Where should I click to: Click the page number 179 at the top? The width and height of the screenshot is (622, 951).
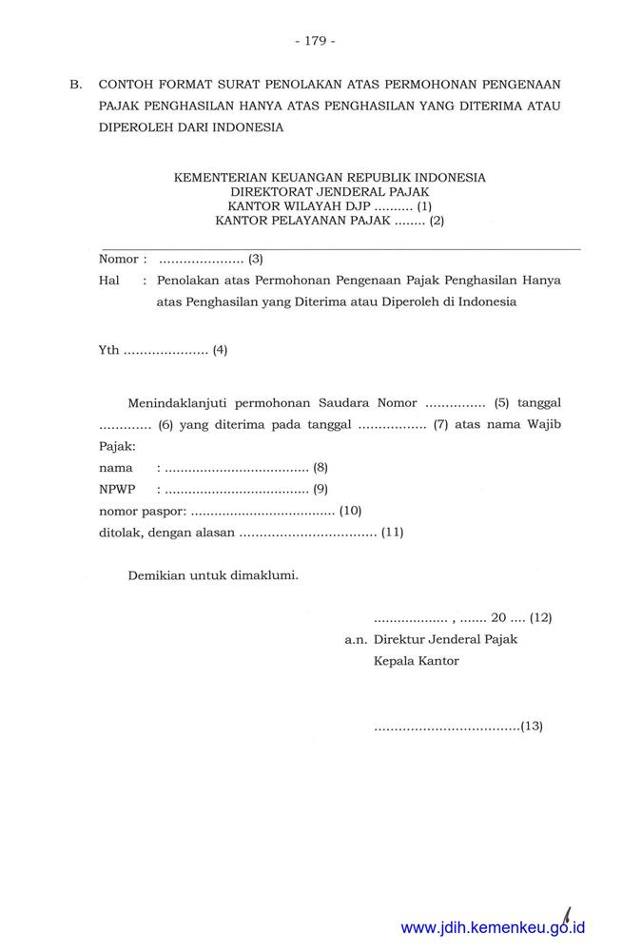pyautogui.click(x=315, y=41)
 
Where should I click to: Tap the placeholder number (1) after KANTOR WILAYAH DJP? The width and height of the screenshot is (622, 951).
pyautogui.click(x=423, y=205)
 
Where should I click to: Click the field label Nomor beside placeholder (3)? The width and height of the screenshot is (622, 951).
pyautogui.click(x=119, y=259)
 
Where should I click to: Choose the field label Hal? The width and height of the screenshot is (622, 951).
pyautogui.click(x=108, y=281)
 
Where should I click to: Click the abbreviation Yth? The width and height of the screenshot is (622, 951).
pyautogui.click(x=108, y=350)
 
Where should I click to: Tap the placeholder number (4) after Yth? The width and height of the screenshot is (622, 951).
pyautogui.click(x=220, y=350)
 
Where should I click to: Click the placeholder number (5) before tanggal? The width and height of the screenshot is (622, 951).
pyautogui.click(x=502, y=402)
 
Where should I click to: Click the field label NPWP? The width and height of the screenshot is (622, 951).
pyautogui.click(x=117, y=489)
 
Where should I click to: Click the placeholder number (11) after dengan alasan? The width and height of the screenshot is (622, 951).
pyautogui.click(x=392, y=532)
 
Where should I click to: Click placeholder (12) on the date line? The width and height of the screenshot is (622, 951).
pyautogui.click(x=541, y=617)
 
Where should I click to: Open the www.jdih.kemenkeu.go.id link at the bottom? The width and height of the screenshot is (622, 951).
pyautogui.click(x=493, y=927)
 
